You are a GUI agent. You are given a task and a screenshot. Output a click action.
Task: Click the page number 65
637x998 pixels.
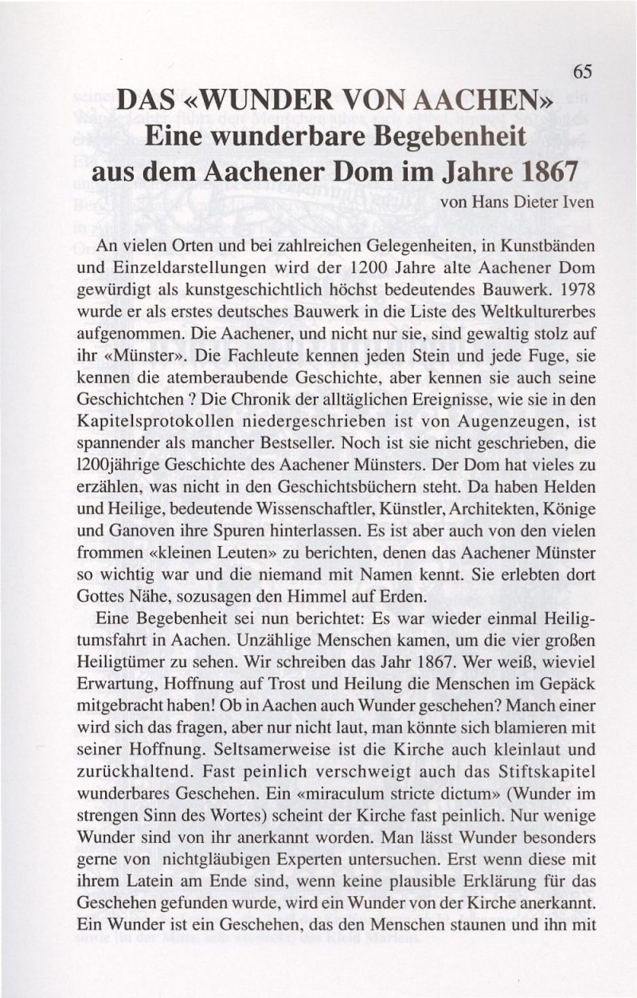582,72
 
